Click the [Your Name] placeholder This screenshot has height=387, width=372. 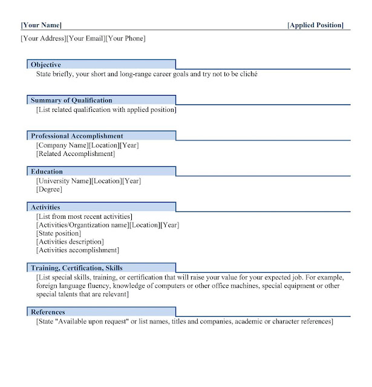tap(41, 25)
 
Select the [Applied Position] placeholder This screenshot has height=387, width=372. tap(315, 25)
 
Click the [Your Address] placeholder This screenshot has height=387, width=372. tap(43, 39)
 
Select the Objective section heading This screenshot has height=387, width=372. tap(46, 65)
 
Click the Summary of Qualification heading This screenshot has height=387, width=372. tap(71, 100)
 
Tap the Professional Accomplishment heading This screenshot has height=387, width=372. tap(77, 136)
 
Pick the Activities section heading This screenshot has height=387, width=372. tap(45, 207)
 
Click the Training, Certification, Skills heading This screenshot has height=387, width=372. tap(76, 268)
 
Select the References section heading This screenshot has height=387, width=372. tap(48, 312)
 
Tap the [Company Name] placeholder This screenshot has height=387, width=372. tap(62, 145)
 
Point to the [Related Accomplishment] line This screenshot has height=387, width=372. tap(75, 154)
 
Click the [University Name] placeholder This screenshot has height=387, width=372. tap(64, 181)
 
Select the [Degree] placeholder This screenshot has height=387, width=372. tap(49, 190)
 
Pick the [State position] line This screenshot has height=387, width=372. tap(59, 233)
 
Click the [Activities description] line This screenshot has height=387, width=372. tap(70, 242)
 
